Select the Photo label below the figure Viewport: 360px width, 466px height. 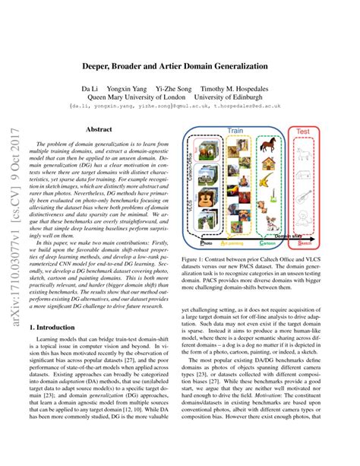point(203,244)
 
